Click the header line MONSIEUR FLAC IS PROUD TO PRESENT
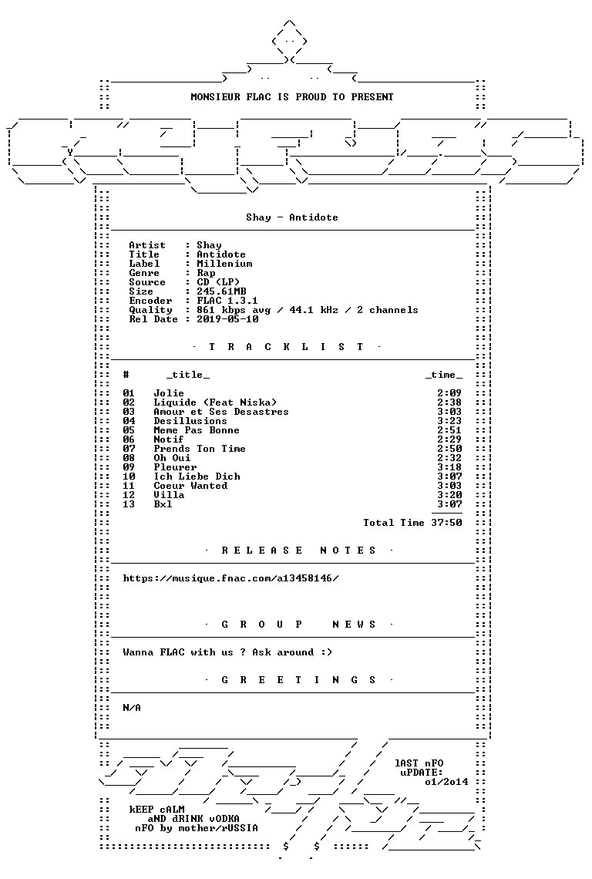[x=292, y=97]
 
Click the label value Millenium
[x=224, y=264]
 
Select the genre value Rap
[x=206, y=273]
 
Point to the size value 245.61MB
[x=221, y=291]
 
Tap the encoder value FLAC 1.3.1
[x=227, y=301]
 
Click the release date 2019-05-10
[x=227, y=319]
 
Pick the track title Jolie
[x=169, y=393]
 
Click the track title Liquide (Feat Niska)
[x=215, y=402]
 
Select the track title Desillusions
[x=190, y=421]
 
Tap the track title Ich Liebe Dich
[x=197, y=477]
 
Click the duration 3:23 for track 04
[x=449, y=421]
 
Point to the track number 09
[x=129, y=467]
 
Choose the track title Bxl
[x=163, y=504]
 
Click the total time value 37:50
[x=447, y=523]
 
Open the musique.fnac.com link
[x=231, y=578]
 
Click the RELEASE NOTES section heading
[x=298, y=551]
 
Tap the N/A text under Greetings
[x=132, y=708]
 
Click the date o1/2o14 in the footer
[x=446, y=782]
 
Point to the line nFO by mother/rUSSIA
[x=197, y=828]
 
